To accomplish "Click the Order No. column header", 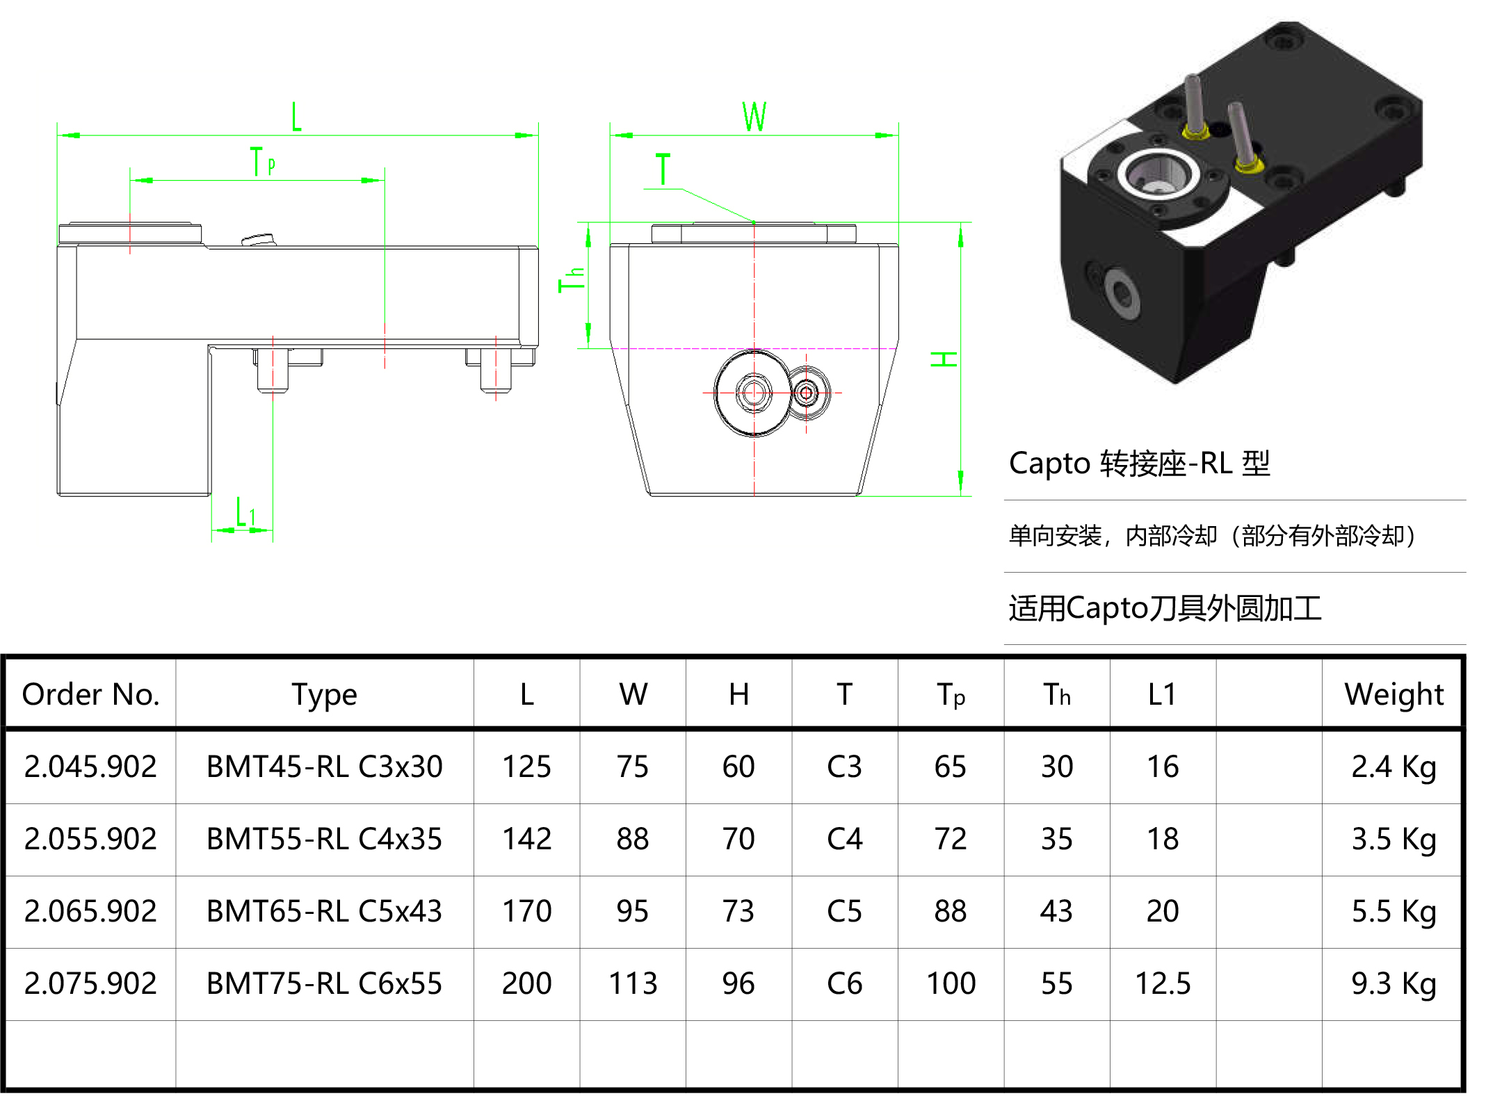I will click(91, 694).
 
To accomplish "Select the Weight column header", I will click(1394, 694).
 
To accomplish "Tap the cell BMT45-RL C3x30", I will click(324, 767).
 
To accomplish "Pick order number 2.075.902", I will click(91, 983).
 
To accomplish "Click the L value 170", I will click(526, 911).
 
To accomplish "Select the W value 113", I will click(633, 983).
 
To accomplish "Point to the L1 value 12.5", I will click(1163, 983).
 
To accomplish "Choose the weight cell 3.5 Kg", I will click(1394, 839).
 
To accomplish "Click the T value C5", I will click(844, 911).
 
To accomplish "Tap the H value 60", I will click(738, 767).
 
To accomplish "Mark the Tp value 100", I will click(951, 983).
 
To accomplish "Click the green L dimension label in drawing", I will click(297, 116).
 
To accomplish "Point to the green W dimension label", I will click(754, 116).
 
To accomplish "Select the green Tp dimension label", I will click(262, 162).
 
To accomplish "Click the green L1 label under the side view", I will click(245, 513).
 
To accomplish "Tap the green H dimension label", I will click(944, 359).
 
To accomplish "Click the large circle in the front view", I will click(753, 393).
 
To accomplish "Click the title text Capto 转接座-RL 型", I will click(1139, 464).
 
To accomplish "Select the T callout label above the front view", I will click(663, 170).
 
